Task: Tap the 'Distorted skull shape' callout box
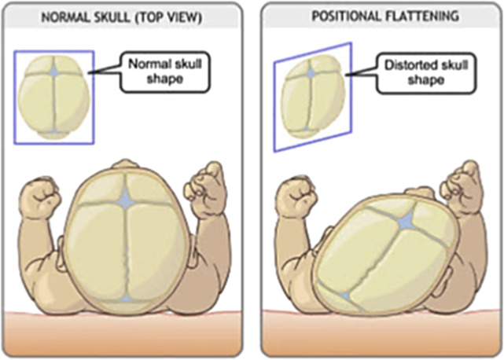[x=418, y=72]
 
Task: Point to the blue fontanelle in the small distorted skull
[x=311, y=72]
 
